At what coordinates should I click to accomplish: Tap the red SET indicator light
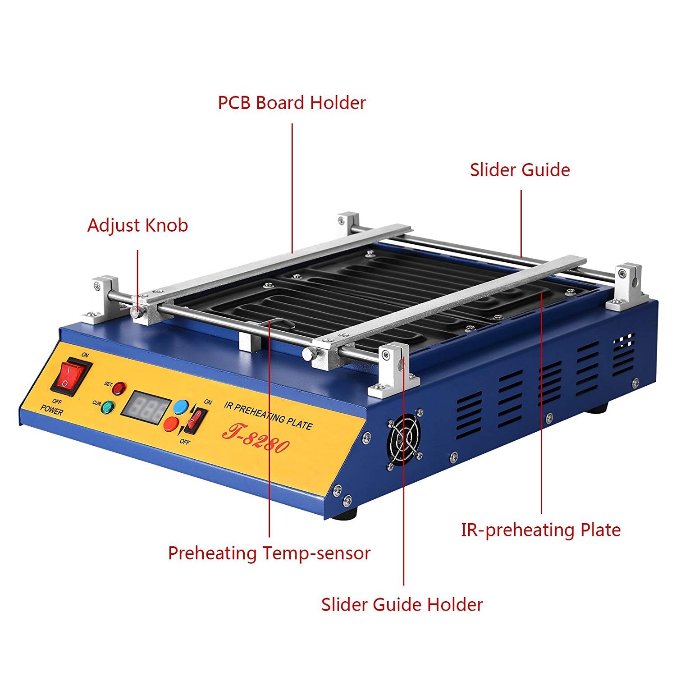coord(119,388)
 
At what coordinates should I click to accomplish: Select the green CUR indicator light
coord(108,407)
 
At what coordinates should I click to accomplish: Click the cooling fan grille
coord(403,441)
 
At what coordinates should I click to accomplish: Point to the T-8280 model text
coord(255,439)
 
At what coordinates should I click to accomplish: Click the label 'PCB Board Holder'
coord(292,103)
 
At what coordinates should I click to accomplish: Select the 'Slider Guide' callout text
coord(520,170)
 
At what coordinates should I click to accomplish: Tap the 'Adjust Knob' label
coord(137,225)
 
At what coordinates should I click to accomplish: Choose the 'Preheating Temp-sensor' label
coord(269,553)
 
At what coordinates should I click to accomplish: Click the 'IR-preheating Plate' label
coord(540,530)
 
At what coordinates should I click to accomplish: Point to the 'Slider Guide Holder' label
coord(402,604)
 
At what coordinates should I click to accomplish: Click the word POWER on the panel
coord(52,411)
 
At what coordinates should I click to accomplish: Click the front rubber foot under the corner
coord(348,514)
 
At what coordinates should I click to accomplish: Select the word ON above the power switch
coord(85,355)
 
